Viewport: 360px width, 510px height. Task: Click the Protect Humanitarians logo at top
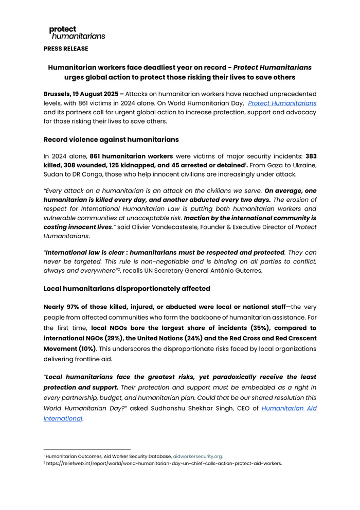[x=77, y=32]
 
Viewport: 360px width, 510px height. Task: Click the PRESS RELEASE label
[x=66, y=48]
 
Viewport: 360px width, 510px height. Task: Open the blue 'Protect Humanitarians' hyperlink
[x=282, y=103]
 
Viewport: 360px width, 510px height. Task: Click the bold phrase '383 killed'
[x=311, y=155]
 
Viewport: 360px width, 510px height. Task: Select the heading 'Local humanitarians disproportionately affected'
[x=127, y=288]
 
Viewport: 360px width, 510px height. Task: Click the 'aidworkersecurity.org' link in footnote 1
[x=197, y=456]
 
